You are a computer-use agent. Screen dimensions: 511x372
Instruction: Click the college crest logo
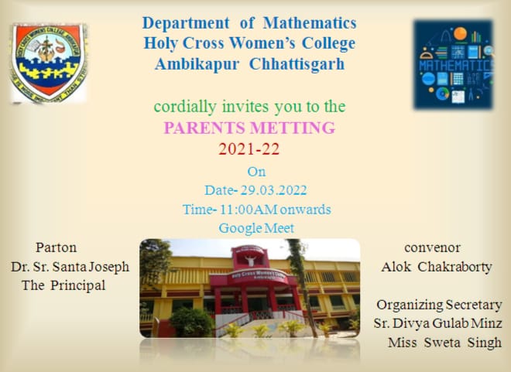49,63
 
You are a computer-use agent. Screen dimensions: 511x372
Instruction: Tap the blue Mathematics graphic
454,64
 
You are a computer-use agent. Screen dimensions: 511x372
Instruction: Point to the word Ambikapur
197,63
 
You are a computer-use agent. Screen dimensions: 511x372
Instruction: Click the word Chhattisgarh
297,63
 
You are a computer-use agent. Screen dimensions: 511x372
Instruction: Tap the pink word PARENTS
204,128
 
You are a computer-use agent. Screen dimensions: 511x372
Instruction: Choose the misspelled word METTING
293,128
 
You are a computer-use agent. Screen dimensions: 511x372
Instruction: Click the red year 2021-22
249,149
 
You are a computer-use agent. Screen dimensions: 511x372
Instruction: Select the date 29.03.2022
273,190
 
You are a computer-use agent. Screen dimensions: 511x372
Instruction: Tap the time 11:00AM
249,210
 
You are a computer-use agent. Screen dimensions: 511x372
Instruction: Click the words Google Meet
256,228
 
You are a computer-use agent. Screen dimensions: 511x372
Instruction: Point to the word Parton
57,247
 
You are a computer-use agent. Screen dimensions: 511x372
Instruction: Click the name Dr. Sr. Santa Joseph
70,267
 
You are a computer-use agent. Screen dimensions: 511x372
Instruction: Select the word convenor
433,248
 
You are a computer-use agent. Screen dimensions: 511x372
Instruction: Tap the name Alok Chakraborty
437,267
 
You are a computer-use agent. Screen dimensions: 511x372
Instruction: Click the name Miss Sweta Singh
445,343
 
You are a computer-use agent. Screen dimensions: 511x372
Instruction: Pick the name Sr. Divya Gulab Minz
437,323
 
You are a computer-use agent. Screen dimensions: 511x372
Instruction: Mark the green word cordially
185,107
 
